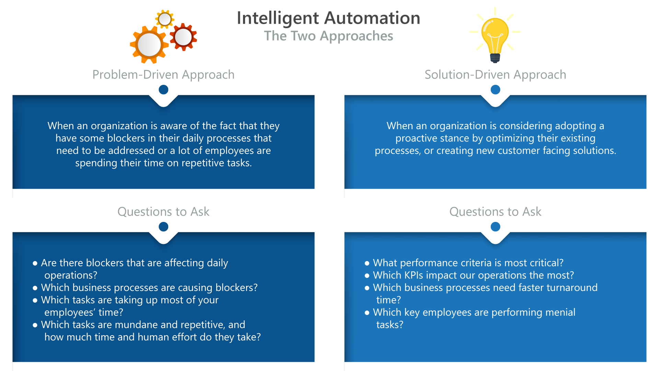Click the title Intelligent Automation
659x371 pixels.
click(x=328, y=18)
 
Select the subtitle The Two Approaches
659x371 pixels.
click(x=328, y=36)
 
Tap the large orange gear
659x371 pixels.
click(x=149, y=45)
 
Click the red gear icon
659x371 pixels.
click(x=183, y=37)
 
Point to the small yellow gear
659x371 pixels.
click(x=165, y=19)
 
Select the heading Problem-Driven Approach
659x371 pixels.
click(x=163, y=75)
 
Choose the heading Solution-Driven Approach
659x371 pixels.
click(x=495, y=75)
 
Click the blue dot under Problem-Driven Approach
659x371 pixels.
click(x=163, y=90)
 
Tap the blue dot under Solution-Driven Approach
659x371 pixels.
click(x=495, y=90)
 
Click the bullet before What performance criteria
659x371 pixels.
click(x=367, y=263)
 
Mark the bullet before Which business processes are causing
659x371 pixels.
click(x=35, y=288)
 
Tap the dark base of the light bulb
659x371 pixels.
click(x=495, y=58)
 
